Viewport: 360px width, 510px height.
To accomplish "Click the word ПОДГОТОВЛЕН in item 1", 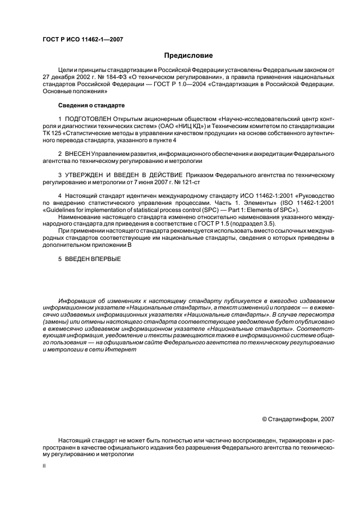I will pos(88,119).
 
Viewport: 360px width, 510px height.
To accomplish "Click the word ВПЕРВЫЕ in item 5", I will pos(106,259).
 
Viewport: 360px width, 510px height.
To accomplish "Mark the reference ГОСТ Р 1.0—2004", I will pos(165,85).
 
